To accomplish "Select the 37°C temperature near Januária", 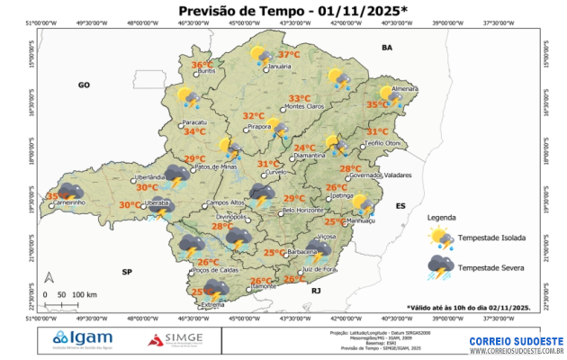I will pos(289,55).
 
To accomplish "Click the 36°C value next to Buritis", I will pos(202,64).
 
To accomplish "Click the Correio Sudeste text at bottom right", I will pos(516,342).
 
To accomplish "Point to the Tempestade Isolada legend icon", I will pos(440,237).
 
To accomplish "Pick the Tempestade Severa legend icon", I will pos(440,266).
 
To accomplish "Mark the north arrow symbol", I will pos(50,277).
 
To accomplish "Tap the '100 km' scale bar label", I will pos(85,294).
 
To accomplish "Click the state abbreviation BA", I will pos(388,47).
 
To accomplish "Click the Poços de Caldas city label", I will pos(215,269).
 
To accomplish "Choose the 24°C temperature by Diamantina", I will pos(304,148).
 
